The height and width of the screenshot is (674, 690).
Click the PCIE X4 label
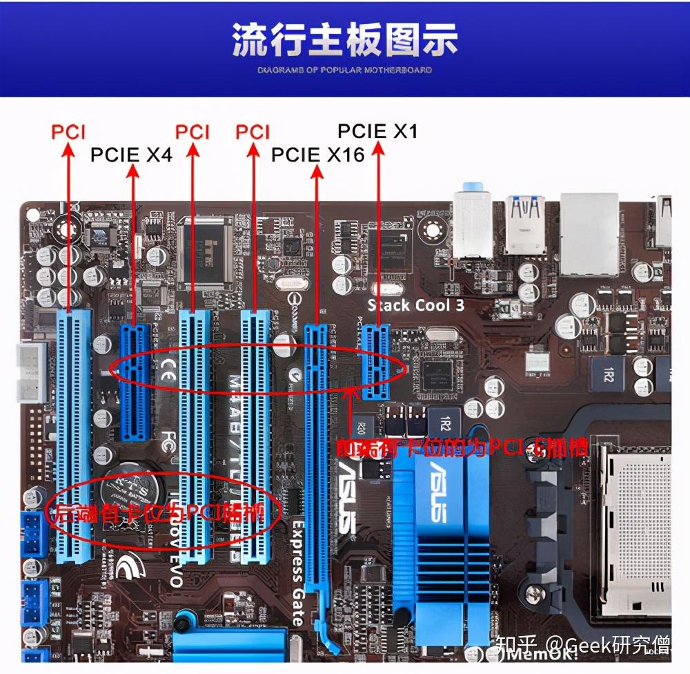tap(131, 155)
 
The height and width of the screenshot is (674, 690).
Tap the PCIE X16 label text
tap(317, 155)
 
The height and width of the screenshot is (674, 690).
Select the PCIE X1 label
tap(378, 131)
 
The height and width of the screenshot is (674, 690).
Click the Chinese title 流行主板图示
tap(344, 40)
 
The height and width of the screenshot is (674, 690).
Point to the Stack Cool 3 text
tap(415, 305)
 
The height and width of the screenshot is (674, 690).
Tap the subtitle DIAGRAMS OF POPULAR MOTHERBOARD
tap(344, 70)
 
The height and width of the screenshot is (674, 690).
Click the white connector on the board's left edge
tap(30, 373)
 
